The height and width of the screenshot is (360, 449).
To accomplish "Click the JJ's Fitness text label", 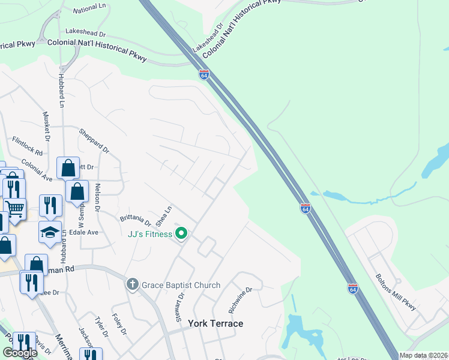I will click(x=149, y=234).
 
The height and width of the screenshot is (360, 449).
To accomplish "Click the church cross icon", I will click(x=133, y=285).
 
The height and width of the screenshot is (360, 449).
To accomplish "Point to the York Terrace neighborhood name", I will click(x=215, y=323).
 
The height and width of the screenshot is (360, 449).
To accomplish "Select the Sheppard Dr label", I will click(x=95, y=140).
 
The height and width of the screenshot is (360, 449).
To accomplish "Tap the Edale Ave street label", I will click(x=84, y=232).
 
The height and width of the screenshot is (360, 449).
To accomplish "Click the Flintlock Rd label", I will click(x=28, y=146).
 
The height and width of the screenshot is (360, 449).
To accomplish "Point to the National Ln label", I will click(x=89, y=10).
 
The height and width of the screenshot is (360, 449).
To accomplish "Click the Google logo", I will click(x=19, y=353).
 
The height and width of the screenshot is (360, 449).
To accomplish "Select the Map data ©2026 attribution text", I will click(x=423, y=355).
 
